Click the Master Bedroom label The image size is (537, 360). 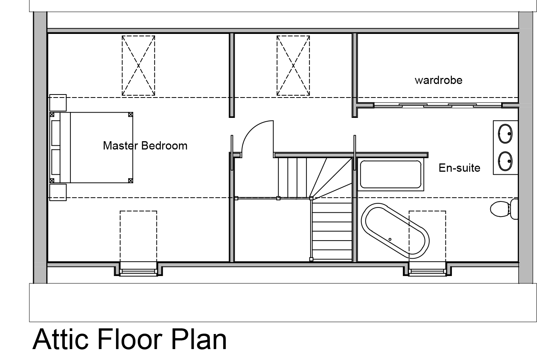point(145,146)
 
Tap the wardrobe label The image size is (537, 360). point(439,80)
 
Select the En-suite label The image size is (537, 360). point(459,168)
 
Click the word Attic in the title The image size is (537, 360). point(61,339)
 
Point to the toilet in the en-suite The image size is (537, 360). point(503,209)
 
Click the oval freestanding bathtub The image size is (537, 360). point(395,231)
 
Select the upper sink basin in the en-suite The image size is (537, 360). point(505,134)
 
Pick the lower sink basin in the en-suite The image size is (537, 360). point(505,161)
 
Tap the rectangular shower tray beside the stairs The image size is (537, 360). point(391,174)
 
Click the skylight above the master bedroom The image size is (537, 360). point(138,66)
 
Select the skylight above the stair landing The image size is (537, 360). point(293,66)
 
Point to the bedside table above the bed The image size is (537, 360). point(58,103)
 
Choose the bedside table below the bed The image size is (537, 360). point(58,192)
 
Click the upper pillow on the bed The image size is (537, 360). point(56,133)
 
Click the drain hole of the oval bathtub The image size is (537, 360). point(390,239)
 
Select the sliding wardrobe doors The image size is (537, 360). point(438,105)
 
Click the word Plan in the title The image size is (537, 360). point(199,339)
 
